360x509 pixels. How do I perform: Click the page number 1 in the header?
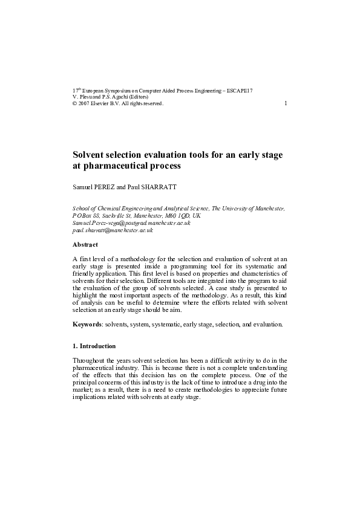pyautogui.click(x=286, y=103)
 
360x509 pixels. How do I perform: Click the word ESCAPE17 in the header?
pyautogui.click(x=241, y=91)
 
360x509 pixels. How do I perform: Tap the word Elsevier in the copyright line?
pyautogui.click(x=103, y=103)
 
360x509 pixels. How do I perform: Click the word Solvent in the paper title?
pyautogui.click(x=90, y=155)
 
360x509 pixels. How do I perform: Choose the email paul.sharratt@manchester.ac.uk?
pyautogui.click(x=113, y=230)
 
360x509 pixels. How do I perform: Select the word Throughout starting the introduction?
pyautogui.click(x=90, y=361)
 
